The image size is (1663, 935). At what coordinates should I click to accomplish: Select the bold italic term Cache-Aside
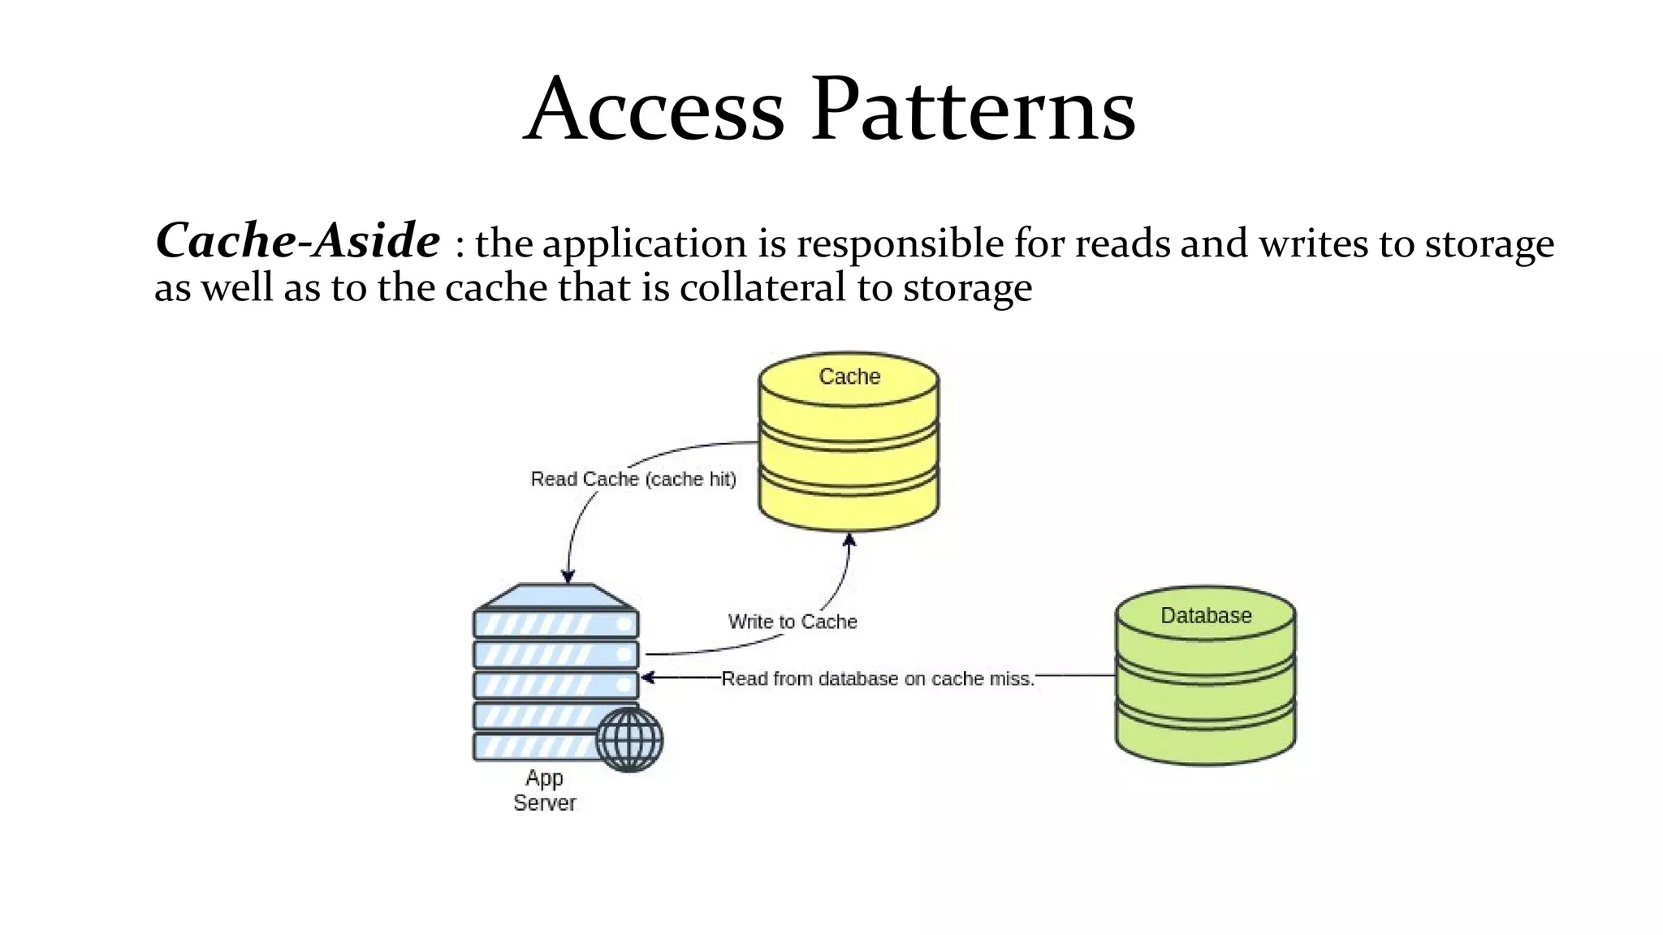297,241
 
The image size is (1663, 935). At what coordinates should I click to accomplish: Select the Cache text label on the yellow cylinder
849,377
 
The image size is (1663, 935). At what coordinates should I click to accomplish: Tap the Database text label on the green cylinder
1206,615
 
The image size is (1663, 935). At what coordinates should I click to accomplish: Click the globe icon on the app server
629,739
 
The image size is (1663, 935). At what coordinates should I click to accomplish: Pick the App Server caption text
544,790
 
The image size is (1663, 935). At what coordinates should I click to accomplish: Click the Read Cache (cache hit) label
633,479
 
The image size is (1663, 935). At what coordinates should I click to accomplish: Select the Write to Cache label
793,622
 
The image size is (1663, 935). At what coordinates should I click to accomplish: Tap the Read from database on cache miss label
878,679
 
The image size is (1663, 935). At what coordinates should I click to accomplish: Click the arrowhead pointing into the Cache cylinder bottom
849,541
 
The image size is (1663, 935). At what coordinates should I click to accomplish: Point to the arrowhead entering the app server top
568,575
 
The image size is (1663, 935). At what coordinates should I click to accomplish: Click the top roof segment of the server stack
556,597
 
